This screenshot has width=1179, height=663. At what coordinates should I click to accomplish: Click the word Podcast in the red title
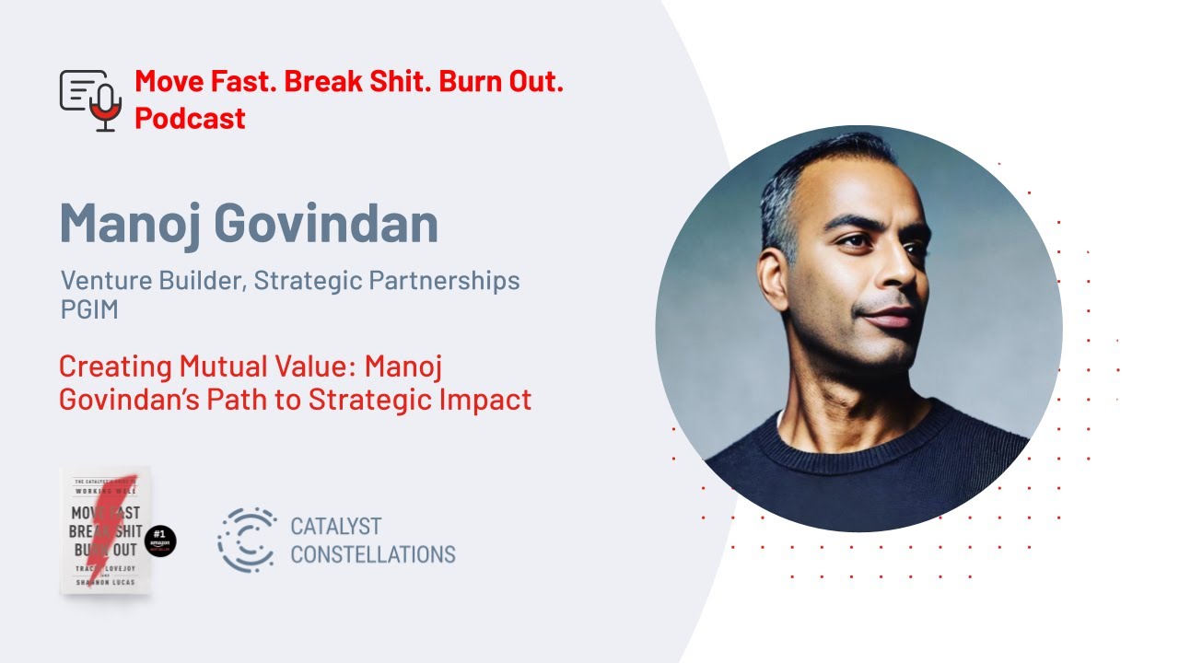(190, 118)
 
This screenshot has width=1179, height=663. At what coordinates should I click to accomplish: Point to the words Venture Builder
(152, 280)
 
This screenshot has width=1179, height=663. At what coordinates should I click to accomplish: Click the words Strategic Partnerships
(387, 280)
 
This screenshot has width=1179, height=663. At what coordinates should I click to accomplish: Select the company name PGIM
(88, 309)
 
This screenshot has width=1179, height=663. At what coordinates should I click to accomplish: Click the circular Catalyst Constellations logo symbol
(247, 541)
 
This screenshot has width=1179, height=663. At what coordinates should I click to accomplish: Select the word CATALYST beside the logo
(335, 527)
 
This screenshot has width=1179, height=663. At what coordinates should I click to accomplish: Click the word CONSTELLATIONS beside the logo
(372, 554)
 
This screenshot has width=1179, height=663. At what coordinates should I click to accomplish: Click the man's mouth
(890, 319)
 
